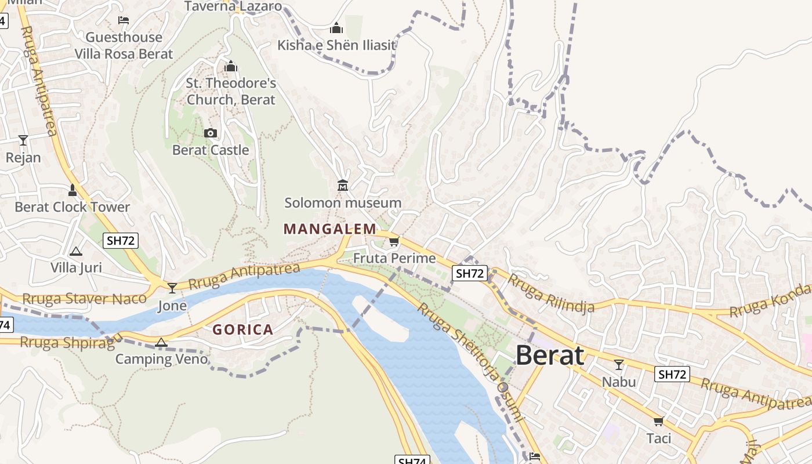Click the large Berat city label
pos(549,355)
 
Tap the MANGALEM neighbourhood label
pos(329,229)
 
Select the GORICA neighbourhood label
pos(242,330)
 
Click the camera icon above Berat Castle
pos(211,133)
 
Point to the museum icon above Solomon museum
pos(343,186)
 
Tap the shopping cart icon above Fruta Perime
pos(394,241)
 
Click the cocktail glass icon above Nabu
pos(619,365)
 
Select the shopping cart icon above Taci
pos(658,421)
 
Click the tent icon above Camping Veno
pos(161,342)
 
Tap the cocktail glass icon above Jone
pos(172,288)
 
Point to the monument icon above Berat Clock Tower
pos(72,190)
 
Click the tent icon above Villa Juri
pos(75,251)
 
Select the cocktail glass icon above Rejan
pos(23,140)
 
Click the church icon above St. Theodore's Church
pos(231,66)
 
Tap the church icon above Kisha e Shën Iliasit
pos(336,28)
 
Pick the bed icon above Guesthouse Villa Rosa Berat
pos(124,20)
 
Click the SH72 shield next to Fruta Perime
pos(469,273)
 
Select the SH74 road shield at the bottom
pos(412,461)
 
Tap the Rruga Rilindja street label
pos(551,293)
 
